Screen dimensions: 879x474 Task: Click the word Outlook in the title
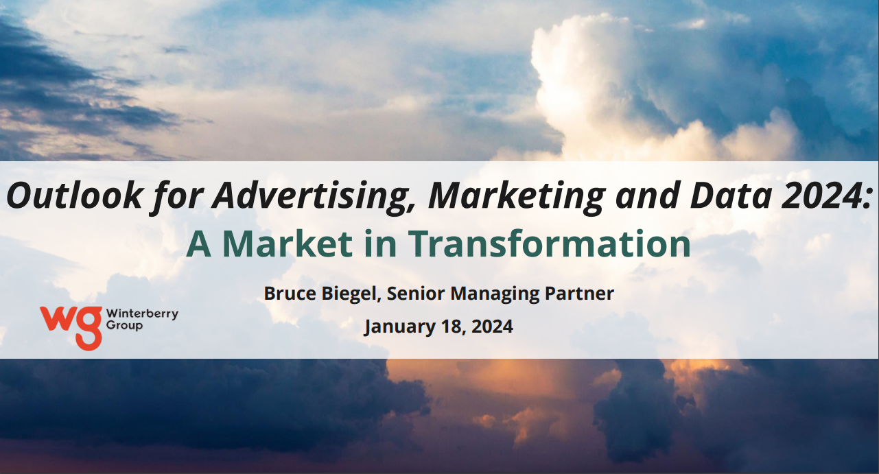74,195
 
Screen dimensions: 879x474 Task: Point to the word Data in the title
731,195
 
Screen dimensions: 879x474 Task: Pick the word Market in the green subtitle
288,244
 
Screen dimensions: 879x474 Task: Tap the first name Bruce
290,294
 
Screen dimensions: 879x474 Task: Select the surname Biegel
351,294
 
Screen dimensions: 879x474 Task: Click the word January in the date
400,327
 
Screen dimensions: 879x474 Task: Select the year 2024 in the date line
492,327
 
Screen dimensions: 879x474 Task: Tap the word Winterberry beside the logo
143,314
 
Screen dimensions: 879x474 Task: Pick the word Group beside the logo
124,326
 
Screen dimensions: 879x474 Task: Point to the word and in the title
648,195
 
